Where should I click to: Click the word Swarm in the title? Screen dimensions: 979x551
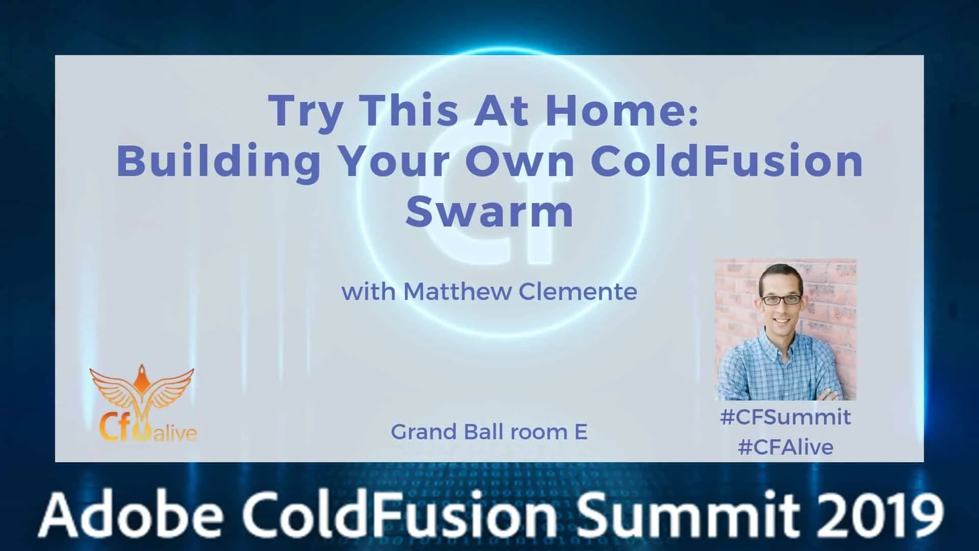click(489, 212)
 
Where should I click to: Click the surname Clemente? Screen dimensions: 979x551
click(578, 292)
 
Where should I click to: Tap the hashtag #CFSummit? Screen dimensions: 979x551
click(785, 417)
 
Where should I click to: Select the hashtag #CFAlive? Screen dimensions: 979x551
click(785, 447)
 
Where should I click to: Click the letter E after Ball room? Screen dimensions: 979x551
click(581, 432)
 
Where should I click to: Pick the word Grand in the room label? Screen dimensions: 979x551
click(424, 432)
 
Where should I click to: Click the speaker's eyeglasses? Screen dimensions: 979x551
click(781, 299)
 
